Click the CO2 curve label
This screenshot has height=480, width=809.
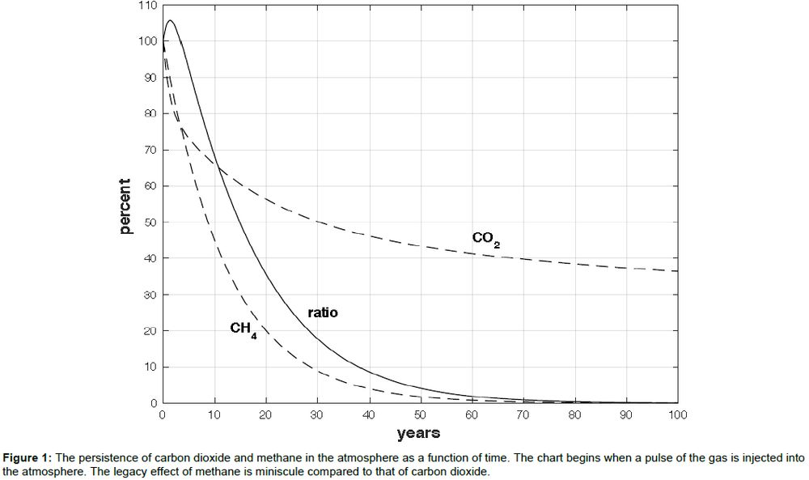click(x=485, y=239)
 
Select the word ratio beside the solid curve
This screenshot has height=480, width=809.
click(x=322, y=312)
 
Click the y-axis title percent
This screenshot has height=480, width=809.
click(x=125, y=206)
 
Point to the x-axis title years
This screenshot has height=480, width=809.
click(x=418, y=433)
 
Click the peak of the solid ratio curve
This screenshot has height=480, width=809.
click(x=170, y=21)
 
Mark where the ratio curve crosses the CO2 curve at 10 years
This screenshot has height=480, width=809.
click(x=215, y=168)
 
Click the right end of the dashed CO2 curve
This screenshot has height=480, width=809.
click(x=677, y=271)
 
